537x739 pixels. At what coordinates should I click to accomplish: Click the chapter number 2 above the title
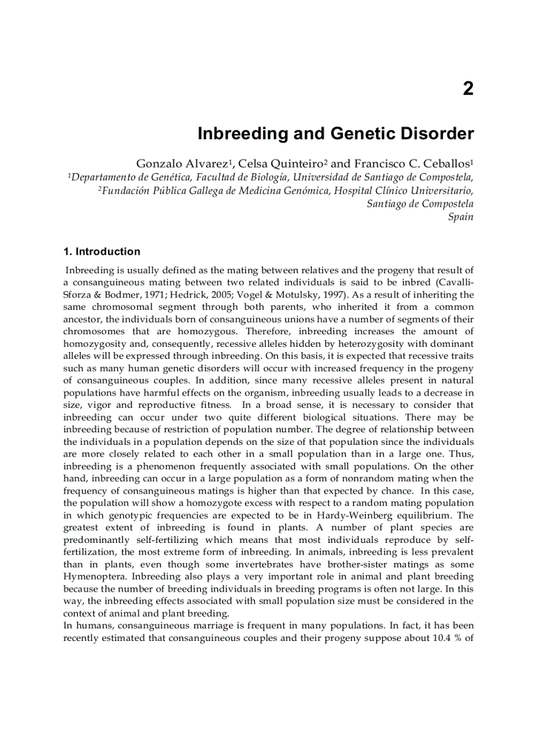(x=468, y=89)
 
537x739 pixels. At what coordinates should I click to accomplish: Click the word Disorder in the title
(x=436, y=134)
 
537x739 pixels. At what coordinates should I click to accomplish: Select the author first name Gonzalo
(x=158, y=163)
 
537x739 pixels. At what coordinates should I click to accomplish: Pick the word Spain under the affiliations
(x=461, y=217)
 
